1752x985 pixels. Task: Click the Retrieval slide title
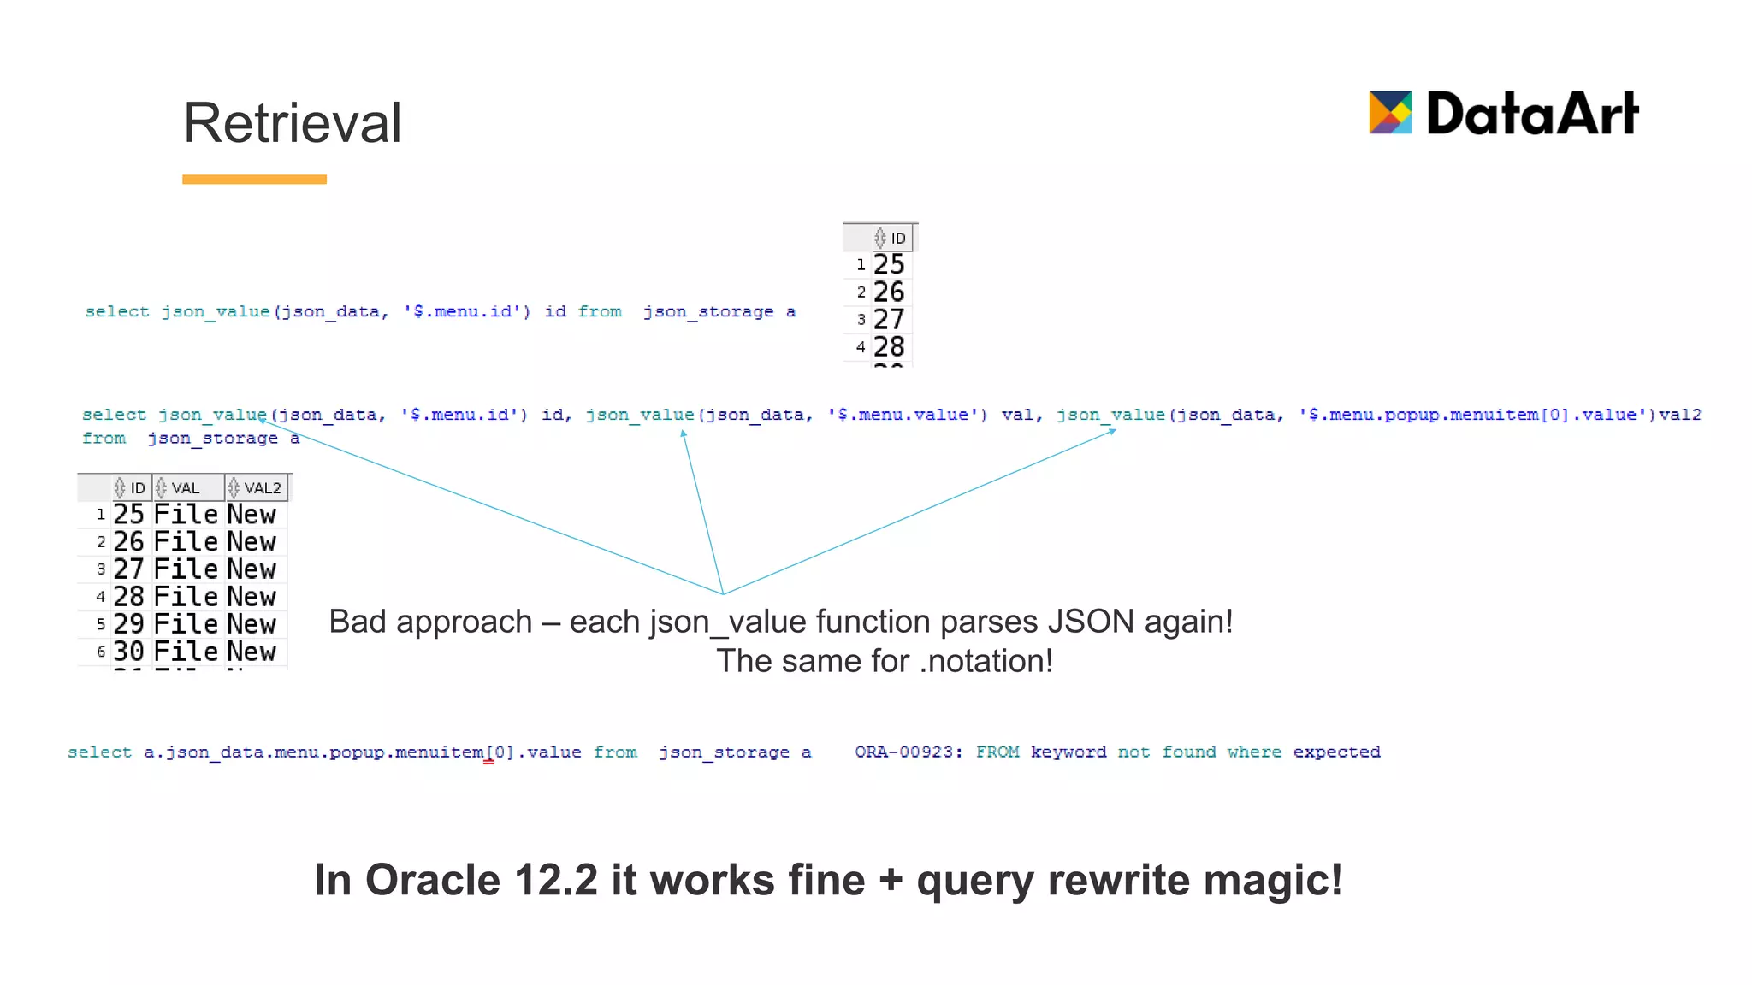[x=292, y=123]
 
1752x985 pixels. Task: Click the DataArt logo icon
[x=1390, y=113]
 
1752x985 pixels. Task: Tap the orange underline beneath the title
[x=254, y=180]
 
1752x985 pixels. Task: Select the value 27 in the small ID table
[x=889, y=320]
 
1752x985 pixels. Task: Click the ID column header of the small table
[x=892, y=238]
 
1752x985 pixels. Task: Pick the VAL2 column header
[x=257, y=488]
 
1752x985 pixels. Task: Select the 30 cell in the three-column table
[x=129, y=652]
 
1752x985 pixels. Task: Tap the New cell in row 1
[x=252, y=515]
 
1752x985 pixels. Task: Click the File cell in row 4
[x=186, y=597]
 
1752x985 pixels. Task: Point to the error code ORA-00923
[x=908, y=752]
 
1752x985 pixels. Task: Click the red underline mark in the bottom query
[x=488, y=761]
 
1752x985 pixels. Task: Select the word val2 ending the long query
[x=1680, y=415]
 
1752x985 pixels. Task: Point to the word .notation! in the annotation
[x=986, y=662]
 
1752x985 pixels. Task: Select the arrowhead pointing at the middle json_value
[x=684, y=434]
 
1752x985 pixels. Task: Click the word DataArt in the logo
[x=1532, y=114]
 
